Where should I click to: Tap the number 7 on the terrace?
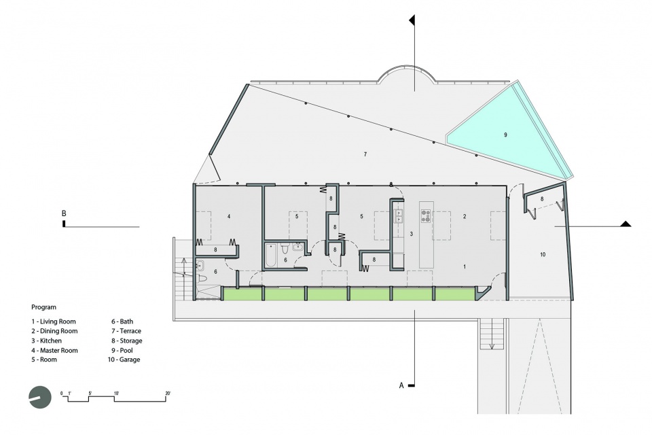(x=365, y=154)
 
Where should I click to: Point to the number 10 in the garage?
(x=543, y=254)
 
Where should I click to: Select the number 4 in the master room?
(x=229, y=216)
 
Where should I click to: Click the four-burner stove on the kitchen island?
(x=426, y=215)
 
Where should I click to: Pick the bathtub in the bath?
(x=271, y=255)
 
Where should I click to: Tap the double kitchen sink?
(x=399, y=215)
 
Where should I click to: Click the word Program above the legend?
(x=43, y=307)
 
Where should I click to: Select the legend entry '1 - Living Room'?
(x=54, y=321)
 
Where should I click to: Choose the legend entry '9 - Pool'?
(x=122, y=351)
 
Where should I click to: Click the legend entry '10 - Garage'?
(x=124, y=360)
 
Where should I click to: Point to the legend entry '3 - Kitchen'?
(x=47, y=341)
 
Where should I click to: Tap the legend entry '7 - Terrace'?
(x=126, y=331)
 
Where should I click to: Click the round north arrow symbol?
(x=40, y=397)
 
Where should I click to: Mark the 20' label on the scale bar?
(x=168, y=394)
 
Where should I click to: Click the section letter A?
(x=401, y=385)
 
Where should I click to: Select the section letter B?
(x=64, y=213)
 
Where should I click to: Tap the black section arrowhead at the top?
(x=412, y=20)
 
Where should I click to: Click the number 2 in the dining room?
(x=465, y=216)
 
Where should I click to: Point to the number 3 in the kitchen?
(x=412, y=234)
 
